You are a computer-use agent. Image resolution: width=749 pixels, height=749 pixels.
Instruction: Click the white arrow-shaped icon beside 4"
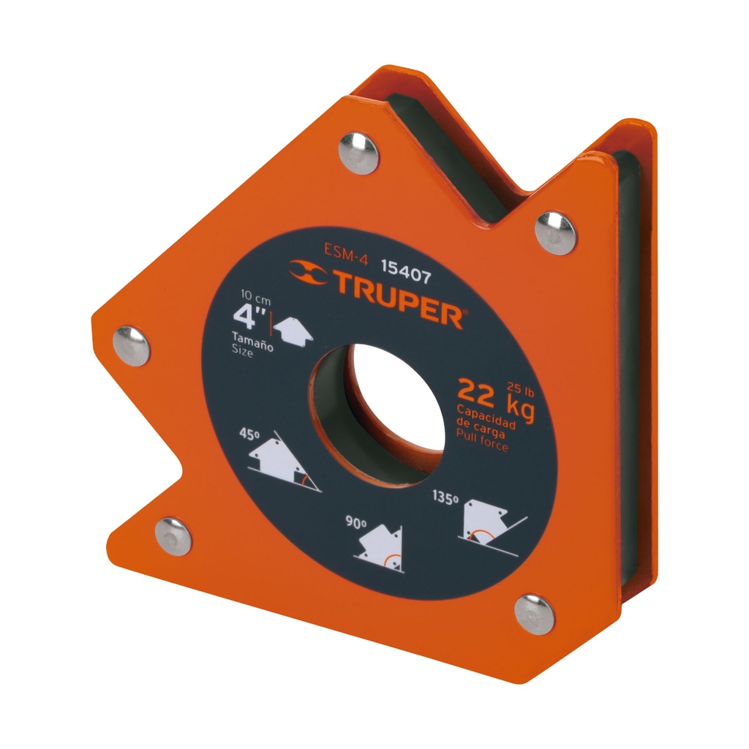tap(294, 329)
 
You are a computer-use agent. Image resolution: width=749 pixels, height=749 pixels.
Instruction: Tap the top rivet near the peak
tap(358, 153)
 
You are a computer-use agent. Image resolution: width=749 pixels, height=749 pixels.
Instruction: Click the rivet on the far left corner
tap(132, 346)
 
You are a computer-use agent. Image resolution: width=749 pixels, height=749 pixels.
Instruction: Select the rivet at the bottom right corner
tap(534, 614)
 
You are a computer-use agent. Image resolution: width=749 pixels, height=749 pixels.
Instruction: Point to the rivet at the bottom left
tap(173, 536)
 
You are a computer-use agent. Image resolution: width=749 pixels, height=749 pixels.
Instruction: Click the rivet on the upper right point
tap(556, 233)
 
